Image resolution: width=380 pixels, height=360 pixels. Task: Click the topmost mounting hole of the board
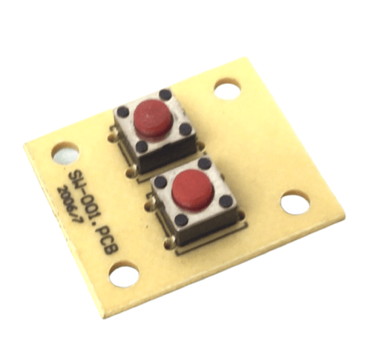point(227,89)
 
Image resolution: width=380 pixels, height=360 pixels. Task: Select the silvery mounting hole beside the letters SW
point(66,155)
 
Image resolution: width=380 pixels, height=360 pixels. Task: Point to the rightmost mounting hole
point(295,203)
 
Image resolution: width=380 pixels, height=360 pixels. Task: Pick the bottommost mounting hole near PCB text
point(124,274)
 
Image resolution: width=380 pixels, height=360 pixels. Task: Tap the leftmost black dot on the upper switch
point(123,113)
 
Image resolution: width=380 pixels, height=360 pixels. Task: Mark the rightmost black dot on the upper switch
point(185,129)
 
